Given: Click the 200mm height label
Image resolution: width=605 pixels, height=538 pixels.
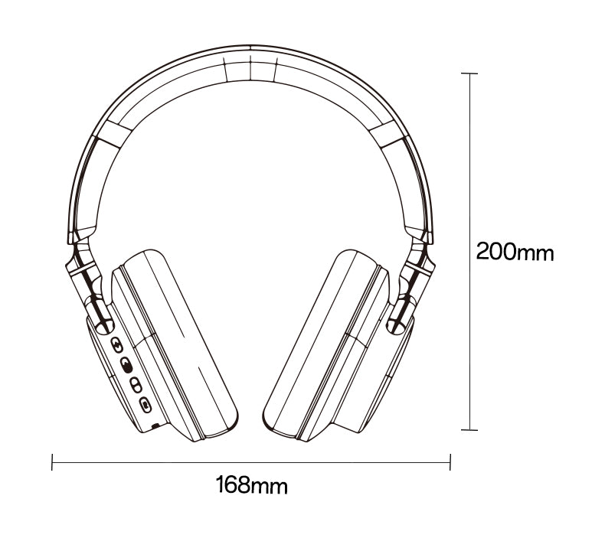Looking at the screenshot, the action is tap(515, 252).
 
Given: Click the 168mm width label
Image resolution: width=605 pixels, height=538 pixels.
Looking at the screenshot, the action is tap(251, 485).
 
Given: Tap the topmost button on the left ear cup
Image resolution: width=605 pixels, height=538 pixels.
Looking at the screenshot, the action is tap(116, 344).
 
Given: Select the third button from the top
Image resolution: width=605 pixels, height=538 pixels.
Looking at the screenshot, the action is tap(136, 384).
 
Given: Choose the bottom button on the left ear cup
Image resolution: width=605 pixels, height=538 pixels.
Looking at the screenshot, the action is tap(146, 405).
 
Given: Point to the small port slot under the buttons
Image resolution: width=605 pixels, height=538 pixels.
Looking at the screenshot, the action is tap(155, 426).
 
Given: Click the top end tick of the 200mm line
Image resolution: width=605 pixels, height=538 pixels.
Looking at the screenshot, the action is tap(469, 73).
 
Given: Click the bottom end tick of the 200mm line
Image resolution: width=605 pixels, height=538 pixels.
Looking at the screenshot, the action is tap(469, 429).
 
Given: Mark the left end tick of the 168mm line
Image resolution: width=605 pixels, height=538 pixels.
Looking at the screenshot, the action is tap(52, 462).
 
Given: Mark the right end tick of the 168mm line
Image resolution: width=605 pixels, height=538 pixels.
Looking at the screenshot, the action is tap(450, 462).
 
